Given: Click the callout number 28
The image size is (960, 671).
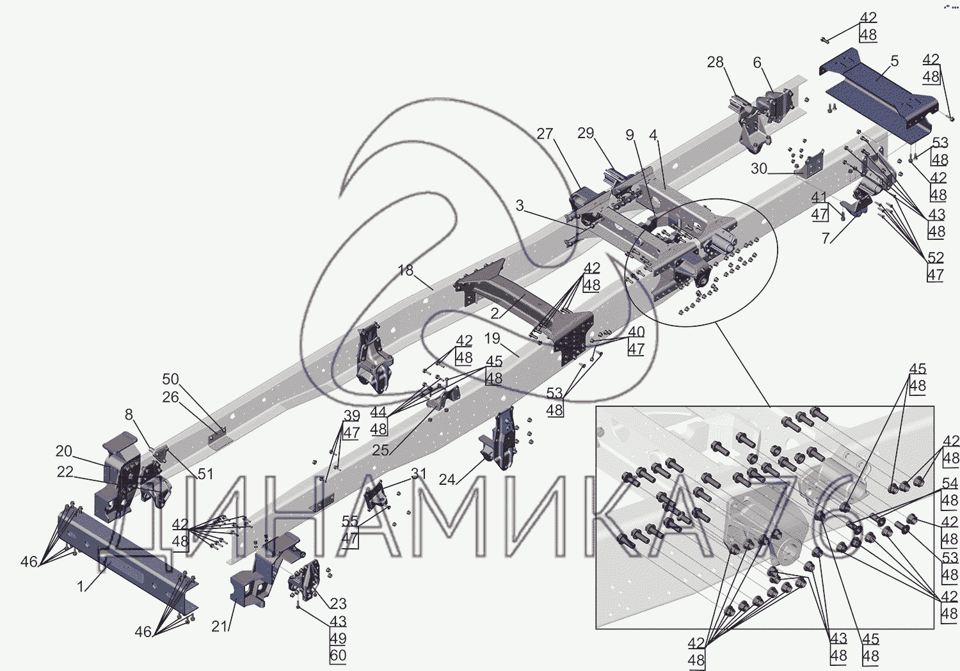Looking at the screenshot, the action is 716,63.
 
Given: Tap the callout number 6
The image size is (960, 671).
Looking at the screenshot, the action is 757,63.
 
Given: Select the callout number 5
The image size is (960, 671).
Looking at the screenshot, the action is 895,61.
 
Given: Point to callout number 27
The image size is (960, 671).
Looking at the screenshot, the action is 545,134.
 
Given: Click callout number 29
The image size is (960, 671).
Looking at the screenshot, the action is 586,133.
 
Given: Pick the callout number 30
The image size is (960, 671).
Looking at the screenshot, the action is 758,169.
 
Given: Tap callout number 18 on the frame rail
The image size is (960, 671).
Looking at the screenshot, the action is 405,270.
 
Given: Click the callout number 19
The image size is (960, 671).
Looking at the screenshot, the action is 492,338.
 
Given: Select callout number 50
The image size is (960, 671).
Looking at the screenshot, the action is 171,379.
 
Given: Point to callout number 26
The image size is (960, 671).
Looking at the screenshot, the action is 171,397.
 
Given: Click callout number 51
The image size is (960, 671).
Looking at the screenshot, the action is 205,473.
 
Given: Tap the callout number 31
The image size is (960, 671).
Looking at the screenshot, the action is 419,473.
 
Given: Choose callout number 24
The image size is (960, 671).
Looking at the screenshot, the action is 447,480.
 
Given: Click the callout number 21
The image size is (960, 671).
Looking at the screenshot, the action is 219,626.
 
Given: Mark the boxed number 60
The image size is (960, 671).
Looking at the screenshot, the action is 338,656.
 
